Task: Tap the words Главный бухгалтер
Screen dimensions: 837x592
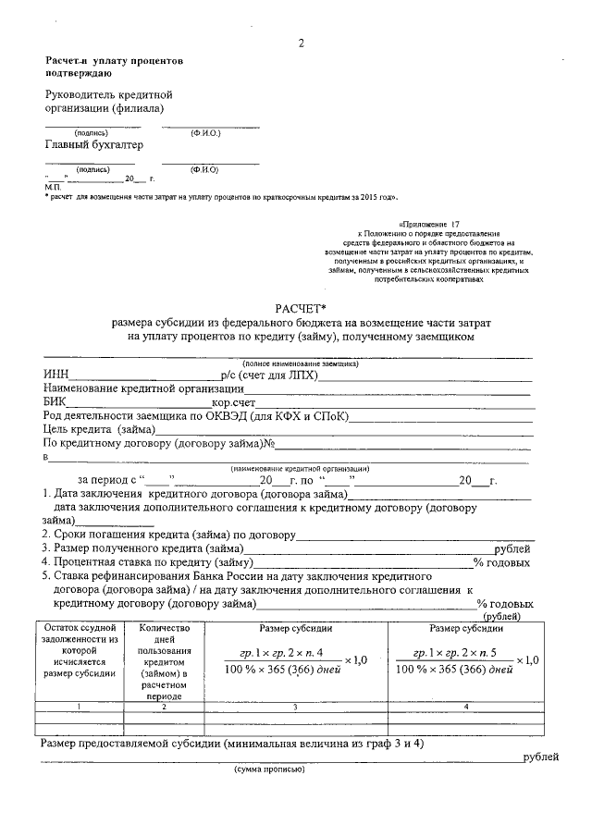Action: tap(94, 144)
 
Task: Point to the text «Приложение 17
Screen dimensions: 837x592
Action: tap(428, 224)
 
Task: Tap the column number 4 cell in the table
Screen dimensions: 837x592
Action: tap(464, 708)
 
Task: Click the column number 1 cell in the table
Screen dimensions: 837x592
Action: tap(78, 708)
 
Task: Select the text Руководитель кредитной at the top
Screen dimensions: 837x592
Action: tap(109, 95)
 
